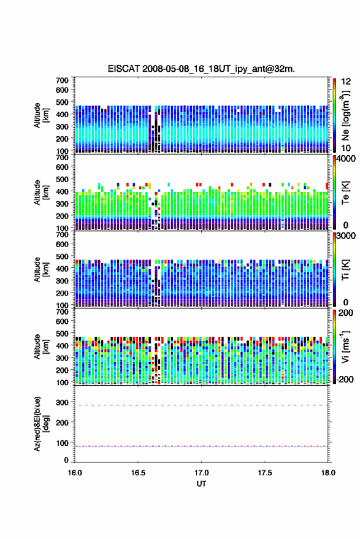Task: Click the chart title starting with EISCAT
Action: tap(202, 69)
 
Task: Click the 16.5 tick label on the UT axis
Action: tap(138, 473)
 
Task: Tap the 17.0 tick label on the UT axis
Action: tap(201, 473)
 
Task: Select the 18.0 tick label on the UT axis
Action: tap(328, 473)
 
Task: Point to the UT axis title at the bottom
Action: tap(201, 484)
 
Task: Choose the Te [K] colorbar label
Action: tap(345, 193)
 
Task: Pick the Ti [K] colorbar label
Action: tap(345, 270)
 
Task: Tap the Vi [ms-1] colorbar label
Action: tap(345, 346)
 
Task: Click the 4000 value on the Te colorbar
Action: tap(347, 159)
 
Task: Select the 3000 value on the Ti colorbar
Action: tap(347, 236)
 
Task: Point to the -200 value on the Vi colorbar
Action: tap(343, 380)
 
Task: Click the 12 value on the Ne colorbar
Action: tap(347, 82)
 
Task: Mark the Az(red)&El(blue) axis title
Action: tap(41, 424)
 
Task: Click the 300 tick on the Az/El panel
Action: tap(62, 402)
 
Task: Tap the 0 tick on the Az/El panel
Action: tap(66, 460)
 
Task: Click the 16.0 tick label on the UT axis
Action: tap(75, 473)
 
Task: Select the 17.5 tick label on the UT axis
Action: tap(264, 473)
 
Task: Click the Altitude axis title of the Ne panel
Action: tap(41, 115)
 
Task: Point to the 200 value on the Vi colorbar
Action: tap(345, 313)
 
